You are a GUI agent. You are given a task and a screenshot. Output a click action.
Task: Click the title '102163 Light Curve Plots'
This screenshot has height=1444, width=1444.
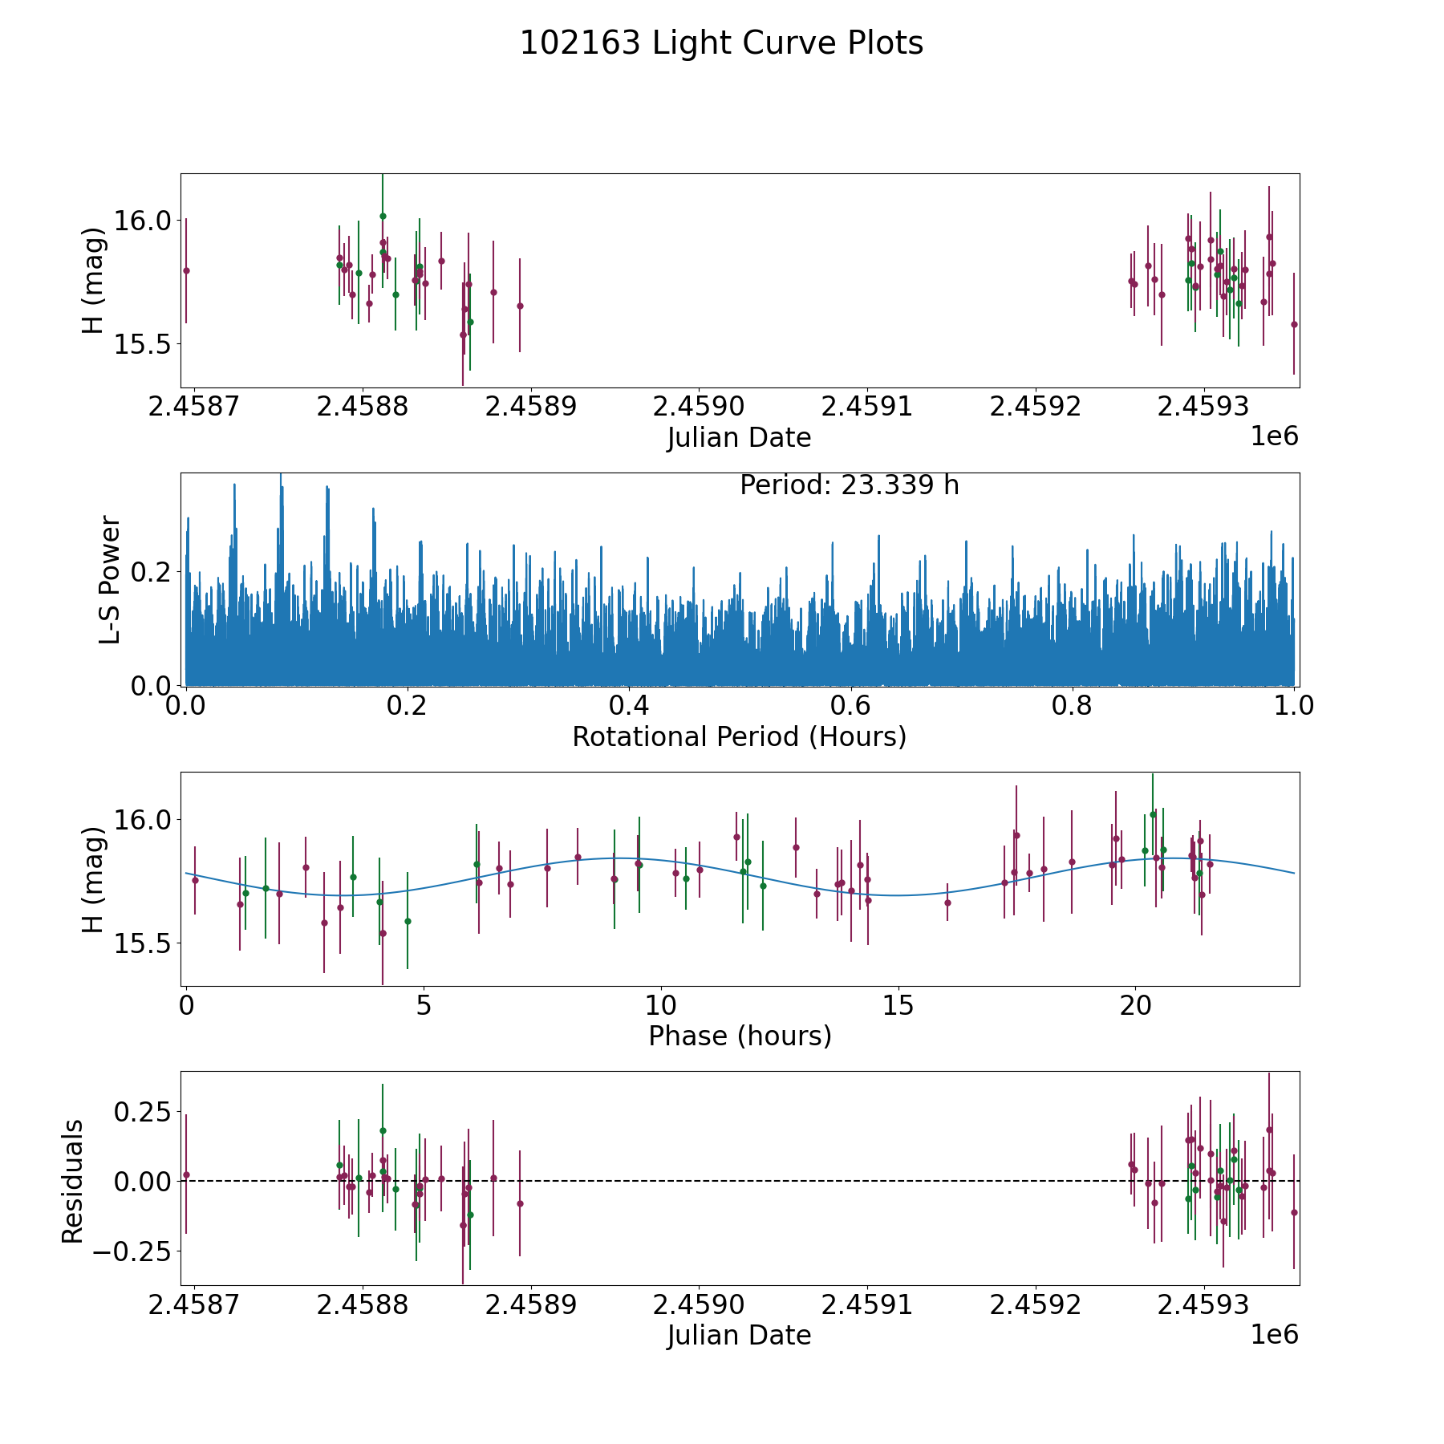721,43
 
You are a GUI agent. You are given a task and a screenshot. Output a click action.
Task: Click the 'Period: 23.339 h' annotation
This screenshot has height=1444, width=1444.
849,485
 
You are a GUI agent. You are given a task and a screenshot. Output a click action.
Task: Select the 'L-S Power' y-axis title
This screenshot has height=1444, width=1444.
110,579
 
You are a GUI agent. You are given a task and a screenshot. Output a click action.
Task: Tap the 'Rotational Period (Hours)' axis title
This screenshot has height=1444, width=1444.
739,736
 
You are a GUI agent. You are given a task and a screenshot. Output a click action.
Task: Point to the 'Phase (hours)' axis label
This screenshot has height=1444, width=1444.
739,1036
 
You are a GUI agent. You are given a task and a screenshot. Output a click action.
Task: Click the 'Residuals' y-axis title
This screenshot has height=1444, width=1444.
73,1181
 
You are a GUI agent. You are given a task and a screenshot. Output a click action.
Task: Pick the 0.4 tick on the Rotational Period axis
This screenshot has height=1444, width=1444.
629,706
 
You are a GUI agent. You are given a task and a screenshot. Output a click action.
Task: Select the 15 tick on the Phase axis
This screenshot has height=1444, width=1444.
898,1005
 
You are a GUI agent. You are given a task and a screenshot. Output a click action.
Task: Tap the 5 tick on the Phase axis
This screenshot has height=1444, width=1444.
424,1005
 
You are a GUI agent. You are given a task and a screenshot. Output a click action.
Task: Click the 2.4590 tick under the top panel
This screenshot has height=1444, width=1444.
699,407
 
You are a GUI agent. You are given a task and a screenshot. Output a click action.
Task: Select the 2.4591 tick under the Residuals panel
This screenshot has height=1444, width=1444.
867,1305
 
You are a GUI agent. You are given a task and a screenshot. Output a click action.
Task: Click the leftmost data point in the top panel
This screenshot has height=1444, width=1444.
186,270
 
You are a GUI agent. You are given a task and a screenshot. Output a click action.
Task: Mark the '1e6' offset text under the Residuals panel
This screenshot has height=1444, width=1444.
1274,1334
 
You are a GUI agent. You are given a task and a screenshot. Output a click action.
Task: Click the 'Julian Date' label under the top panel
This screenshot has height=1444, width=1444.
739,438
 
